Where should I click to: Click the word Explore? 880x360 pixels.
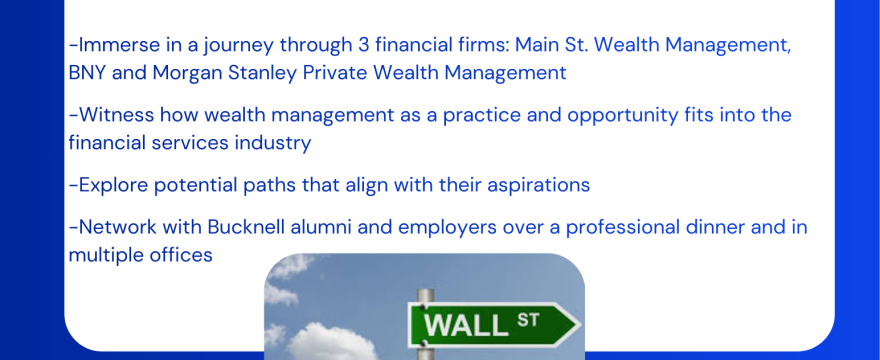(112, 185)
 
